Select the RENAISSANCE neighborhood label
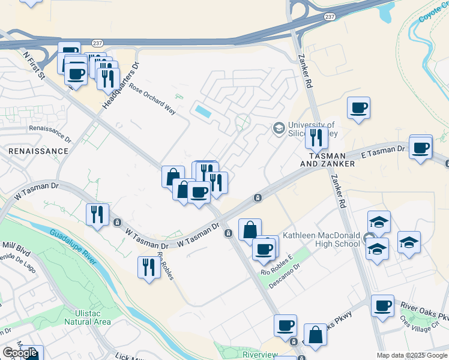[38, 151]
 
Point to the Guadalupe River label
[73, 246]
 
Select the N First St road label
[34, 64]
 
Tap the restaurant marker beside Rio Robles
[148, 266]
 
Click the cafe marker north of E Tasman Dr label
[421, 147]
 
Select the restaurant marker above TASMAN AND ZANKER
[316, 138]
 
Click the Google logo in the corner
[20, 353]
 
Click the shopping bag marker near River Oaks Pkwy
[315, 336]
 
